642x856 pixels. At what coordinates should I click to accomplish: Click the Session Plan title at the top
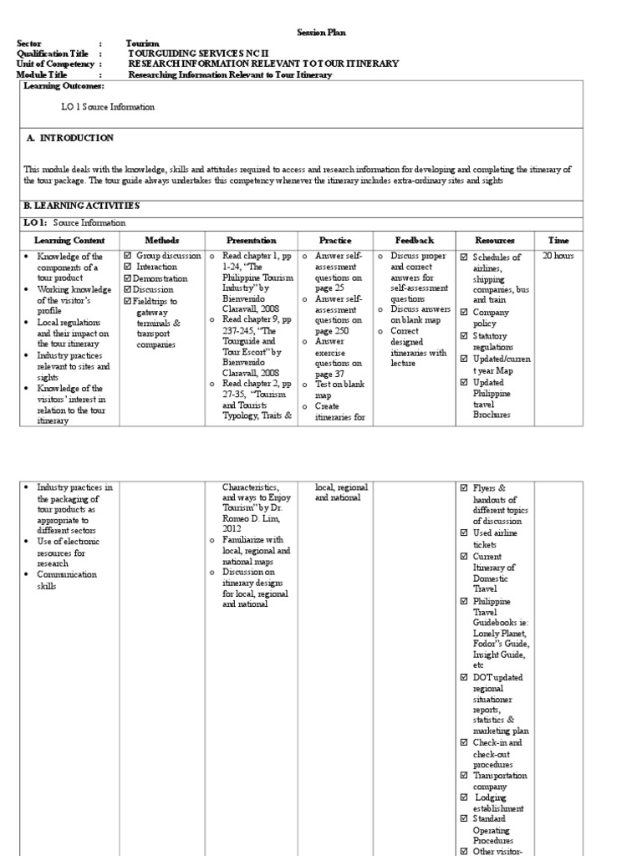(x=321, y=33)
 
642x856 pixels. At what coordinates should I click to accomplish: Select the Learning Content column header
(x=57, y=240)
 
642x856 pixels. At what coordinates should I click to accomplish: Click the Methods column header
(x=161, y=240)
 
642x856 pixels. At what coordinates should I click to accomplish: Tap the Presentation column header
(x=251, y=240)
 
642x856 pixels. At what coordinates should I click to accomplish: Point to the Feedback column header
(x=413, y=240)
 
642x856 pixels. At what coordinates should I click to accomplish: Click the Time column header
(x=558, y=240)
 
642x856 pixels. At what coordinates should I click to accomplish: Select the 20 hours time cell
(x=558, y=256)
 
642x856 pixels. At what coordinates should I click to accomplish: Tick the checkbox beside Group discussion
(x=128, y=256)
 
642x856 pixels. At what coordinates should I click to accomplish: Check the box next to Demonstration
(x=128, y=278)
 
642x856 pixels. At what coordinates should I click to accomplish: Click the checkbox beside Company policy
(x=464, y=313)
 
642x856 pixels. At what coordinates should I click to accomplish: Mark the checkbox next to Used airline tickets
(x=464, y=533)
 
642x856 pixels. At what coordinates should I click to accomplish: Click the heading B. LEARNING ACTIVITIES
(x=81, y=206)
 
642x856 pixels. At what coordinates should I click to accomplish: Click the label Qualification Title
(x=52, y=53)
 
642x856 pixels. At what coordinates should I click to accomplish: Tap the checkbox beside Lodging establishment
(x=464, y=797)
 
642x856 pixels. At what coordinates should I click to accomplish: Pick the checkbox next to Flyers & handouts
(x=464, y=488)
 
